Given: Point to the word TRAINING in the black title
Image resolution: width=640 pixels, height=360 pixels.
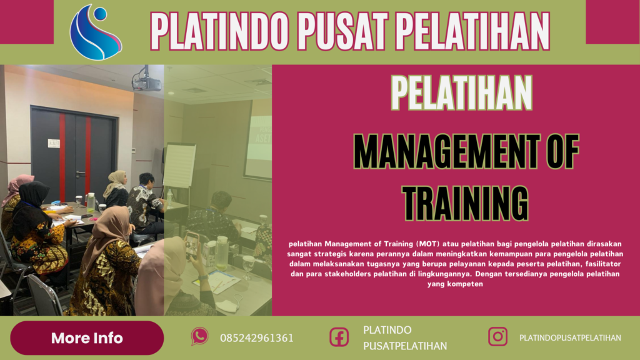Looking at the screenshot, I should pyautogui.click(x=465, y=202).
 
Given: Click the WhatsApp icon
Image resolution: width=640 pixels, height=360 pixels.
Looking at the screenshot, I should pyautogui.click(x=199, y=337).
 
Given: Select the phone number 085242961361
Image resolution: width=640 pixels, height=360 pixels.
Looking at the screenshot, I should pyautogui.click(x=256, y=338).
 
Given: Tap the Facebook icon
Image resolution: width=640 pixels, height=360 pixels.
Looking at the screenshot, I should pyautogui.click(x=339, y=337).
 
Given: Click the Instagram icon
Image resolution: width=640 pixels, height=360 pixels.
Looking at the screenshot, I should pyautogui.click(x=497, y=337).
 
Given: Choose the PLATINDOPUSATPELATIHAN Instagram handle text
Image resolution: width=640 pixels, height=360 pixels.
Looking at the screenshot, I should pyautogui.click(x=570, y=337).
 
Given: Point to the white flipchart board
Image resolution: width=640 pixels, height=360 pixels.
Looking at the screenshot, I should pyautogui.click(x=179, y=165).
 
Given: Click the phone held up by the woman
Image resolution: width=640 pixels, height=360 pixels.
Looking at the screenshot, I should pyautogui.click(x=192, y=244).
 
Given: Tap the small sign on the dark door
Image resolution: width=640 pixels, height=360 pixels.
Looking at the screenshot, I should pyautogui.click(x=54, y=142).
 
